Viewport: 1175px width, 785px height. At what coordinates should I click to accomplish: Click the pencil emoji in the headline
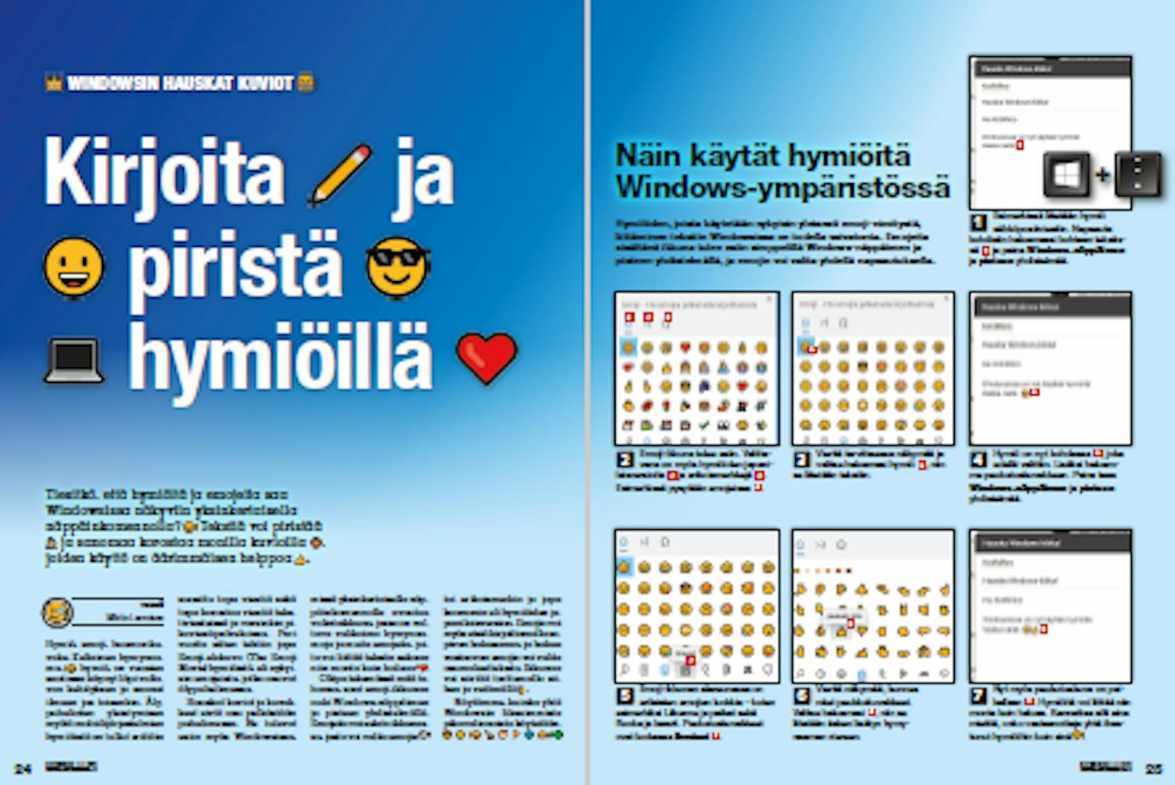tap(341, 175)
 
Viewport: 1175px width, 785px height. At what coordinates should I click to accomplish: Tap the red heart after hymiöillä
tap(486, 358)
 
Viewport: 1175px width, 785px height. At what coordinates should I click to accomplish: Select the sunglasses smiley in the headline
tap(398, 267)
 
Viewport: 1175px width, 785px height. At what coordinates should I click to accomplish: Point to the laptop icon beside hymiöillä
tap(74, 361)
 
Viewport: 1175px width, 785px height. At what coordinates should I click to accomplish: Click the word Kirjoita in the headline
tap(164, 172)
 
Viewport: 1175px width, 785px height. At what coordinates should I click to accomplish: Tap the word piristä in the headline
tap(235, 266)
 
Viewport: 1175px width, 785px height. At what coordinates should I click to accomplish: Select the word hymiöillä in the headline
tap(280, 358)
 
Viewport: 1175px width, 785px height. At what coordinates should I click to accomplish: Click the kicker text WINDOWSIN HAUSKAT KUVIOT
tap(180, 83)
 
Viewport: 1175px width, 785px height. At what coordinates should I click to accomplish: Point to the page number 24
tap(23, 769)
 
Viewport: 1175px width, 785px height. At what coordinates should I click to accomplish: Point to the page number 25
tap(1154, 769)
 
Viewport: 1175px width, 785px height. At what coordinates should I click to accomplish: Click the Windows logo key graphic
tap(1066, 174)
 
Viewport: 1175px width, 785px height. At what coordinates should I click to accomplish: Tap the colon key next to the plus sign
tap(1137, 174)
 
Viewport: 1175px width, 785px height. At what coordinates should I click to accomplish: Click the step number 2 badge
tap(625, 460)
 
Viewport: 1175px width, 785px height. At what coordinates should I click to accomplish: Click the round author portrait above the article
tap(57, 612)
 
